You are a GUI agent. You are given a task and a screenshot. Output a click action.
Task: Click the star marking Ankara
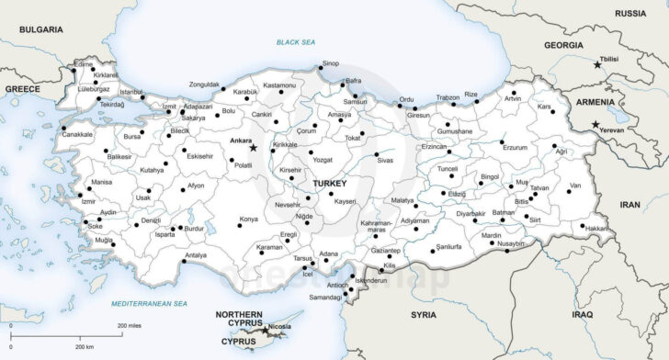coord(254,147)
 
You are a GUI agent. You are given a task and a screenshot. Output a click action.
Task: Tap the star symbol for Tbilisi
coord(596,64)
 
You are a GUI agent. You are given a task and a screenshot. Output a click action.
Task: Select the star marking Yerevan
coord(595,125)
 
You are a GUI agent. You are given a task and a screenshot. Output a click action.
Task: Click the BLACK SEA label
coord(296,43)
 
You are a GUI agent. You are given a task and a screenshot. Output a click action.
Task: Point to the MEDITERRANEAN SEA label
coord(149,303)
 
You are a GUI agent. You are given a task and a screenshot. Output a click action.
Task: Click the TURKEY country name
coord(329,184)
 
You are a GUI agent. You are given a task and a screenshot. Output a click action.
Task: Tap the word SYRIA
coord(424,314)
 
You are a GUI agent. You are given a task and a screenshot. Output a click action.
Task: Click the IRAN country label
coord(630,205)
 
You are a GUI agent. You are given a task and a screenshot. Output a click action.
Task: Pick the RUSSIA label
coord(630,13)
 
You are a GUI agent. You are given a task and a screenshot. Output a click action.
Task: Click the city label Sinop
coord(331,63)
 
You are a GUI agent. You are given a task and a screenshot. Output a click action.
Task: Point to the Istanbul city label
coord(131,92)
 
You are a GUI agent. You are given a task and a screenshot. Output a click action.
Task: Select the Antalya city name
coord(196,254)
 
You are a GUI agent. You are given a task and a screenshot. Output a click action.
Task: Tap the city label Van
coord(575,186)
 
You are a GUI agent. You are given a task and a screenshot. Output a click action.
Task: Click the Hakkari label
coord(597,227)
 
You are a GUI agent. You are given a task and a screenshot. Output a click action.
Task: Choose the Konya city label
coord(249,219)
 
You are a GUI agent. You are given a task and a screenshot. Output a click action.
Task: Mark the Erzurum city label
coord(516,147)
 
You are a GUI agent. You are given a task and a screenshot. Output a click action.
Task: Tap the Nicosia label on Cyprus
coord(281,326)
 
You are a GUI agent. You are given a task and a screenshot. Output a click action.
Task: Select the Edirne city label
coord(85,65)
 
